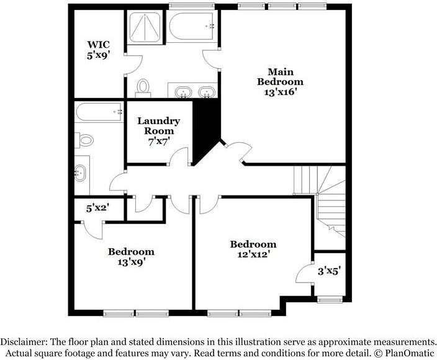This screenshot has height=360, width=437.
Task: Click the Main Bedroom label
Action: pyautogui.click(x=280, y=76)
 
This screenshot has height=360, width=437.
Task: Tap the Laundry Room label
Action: pyautogui.click(x=158, y=125)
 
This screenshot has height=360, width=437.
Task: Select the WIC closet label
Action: pyautogui.click(x=98, y=44)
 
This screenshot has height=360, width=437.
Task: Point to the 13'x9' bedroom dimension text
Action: pyautogui.click(x=132, y=262)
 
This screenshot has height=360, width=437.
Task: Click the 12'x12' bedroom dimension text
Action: pyautogui.click(x=254, y=254)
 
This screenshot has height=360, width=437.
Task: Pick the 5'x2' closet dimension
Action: pyautogui.click(x=97, y=208)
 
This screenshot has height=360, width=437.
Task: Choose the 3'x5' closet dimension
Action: pyautogui.click(x=330, y=271)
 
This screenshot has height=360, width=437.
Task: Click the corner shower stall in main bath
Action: pyautogui.click(x=145, y=27)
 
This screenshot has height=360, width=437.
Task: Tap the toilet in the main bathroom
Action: pyautogui.click(x=143, y=89)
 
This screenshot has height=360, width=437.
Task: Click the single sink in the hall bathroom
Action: pyautogui.click(x=80, y=173)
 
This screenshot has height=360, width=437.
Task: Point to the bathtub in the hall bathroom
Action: pyautogui.click(x=99, y=112)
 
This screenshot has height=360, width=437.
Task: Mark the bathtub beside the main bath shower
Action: pyautogui.click(x=191, y=26)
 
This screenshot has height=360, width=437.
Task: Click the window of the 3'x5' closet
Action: pyautogui.click(x=330, y=300)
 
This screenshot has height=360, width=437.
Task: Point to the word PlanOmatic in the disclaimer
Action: pyautogui.click(x=410, y=353)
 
